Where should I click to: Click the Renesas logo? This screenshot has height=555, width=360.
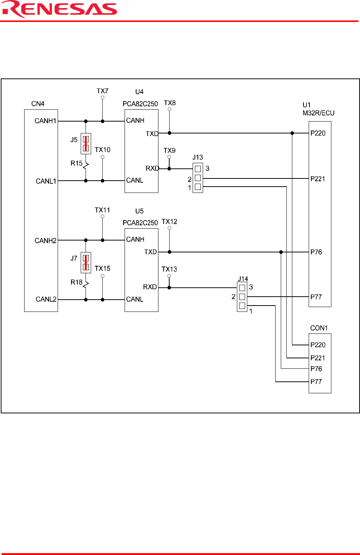[x=60, y=9]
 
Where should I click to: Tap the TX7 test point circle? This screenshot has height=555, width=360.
[x=102, y=98]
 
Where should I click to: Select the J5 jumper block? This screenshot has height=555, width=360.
[x=86, y=144]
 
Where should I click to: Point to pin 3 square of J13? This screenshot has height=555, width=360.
[x=198, y=169]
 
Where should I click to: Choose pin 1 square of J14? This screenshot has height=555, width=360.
[x=242, y=306]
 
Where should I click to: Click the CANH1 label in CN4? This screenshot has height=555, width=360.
[x=45, y=121]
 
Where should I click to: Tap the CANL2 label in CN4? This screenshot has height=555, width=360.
[x=46, y=299]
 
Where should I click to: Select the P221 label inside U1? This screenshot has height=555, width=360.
[x=318, y=179]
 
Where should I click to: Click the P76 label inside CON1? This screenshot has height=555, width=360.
[x=316, y=369]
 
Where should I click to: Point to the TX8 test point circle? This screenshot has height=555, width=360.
[x=169, y=109]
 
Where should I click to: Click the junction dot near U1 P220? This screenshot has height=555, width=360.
[x=292, y=133]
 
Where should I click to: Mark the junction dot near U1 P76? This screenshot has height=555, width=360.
[x=281, y=252]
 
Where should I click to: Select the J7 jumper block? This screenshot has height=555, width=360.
[x=86, y=263]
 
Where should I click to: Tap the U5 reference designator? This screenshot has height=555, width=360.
[x=139, y=211]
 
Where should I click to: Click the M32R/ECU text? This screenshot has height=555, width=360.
[x=318, y=113]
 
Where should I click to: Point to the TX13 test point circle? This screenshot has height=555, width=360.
[x=169, y=276]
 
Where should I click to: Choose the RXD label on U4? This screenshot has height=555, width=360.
[x=152, y=168]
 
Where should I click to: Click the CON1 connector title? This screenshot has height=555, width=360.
[x=319, y=328]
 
